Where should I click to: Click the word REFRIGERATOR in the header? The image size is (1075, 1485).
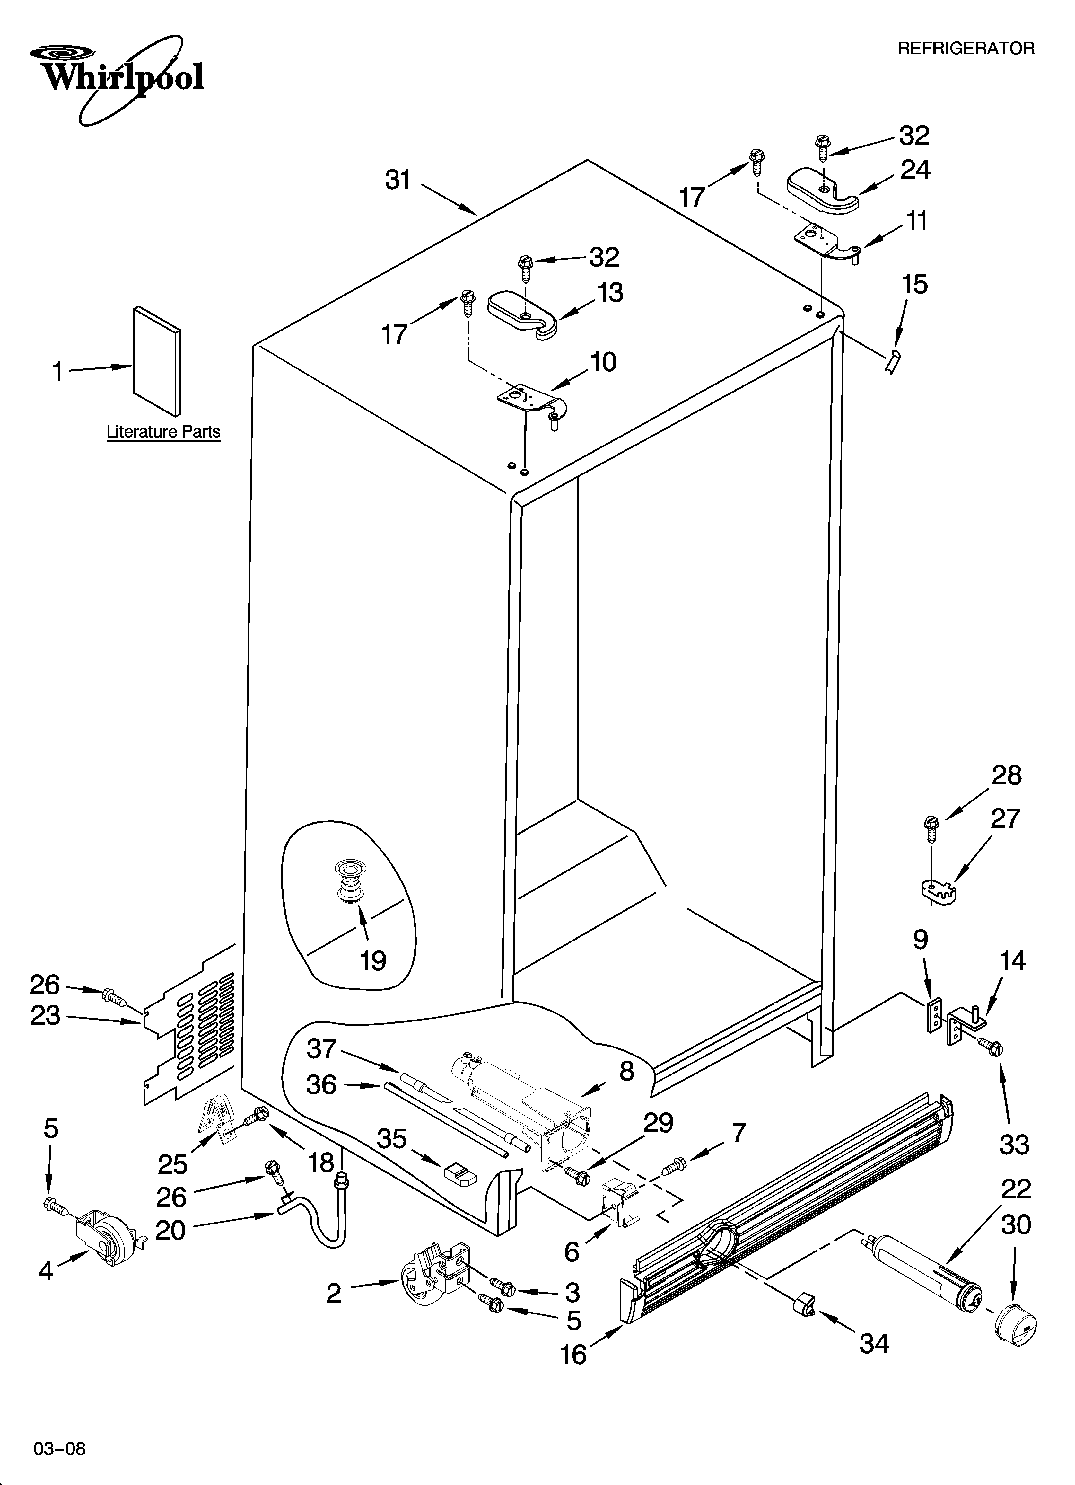(x=966, y=49)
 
